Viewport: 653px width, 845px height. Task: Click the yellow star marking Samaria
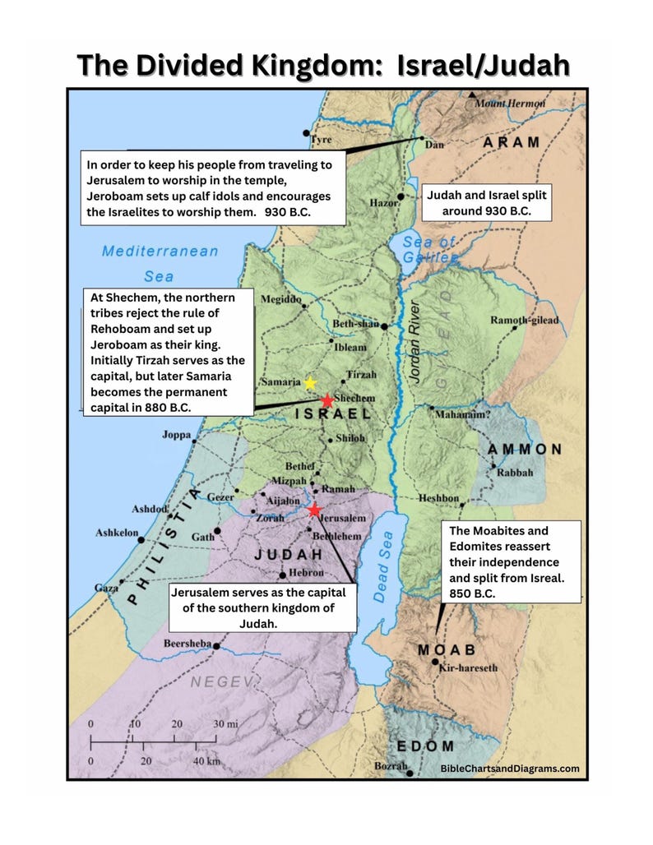310,383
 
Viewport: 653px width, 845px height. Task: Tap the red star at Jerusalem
314,510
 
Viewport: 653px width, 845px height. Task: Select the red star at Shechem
327,400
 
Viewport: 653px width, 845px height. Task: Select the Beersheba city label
188,644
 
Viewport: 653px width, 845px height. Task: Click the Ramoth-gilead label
524,320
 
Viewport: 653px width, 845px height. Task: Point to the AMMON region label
524,450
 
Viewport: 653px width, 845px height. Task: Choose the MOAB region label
447,649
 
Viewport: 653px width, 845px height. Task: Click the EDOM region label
425,746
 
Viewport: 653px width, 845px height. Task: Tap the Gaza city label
106,589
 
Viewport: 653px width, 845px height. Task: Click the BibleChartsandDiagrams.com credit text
510,769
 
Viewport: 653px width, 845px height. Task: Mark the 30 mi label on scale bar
226,724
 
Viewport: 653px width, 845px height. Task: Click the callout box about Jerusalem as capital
263,607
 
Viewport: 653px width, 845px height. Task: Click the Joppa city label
177,434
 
